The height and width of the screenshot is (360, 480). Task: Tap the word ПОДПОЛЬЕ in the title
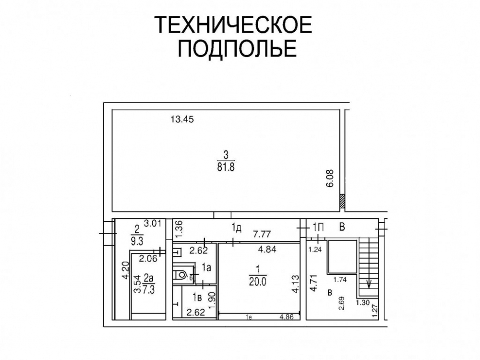(x=238, y=48)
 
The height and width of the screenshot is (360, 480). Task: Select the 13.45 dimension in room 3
(x=182, y=119)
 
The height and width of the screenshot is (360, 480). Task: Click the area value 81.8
(x=226, y=167)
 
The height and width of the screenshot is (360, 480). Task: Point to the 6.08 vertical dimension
(x=330, y=178)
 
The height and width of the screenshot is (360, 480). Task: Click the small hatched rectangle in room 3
(x=342, y=202)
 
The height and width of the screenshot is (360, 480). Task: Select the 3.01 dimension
(x=153, y=224)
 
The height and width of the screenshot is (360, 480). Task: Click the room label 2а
(x=148, y=278)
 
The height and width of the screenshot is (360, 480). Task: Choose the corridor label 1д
(x=236, y=227)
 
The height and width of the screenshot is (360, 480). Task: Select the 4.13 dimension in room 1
(x=295, y=284)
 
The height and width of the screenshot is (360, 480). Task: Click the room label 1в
(x=197, y=297)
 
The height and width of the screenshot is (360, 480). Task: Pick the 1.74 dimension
(x=340, y=279)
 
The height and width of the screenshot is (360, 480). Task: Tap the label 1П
(x=318, y=227)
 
